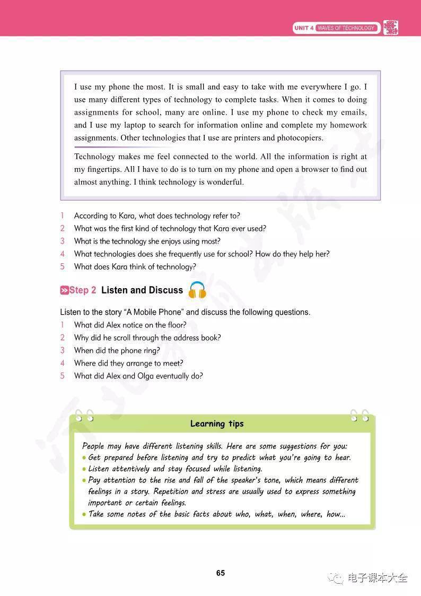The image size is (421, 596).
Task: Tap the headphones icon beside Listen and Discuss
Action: (197, 290)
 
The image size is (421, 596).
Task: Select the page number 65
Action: (221, 573)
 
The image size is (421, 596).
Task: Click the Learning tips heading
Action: (217, 424)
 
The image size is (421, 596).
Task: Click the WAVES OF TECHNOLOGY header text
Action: (346, 28)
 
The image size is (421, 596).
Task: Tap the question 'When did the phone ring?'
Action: (117, 350)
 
